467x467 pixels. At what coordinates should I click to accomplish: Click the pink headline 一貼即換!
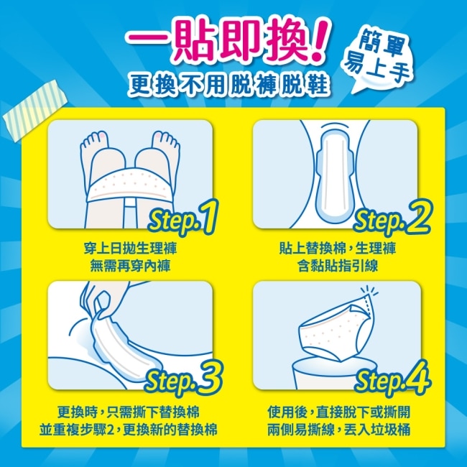(x=228, y=41)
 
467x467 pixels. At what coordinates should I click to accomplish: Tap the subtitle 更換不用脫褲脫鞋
(x=229, y=83)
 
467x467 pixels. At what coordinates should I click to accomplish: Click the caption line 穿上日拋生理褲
(x=130, y=249)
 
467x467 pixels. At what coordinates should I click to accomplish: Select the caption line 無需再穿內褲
(x=130, y=266)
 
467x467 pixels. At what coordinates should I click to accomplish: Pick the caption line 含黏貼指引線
(x=338, y=266)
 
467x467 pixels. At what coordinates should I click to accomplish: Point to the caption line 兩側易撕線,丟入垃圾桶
(x=338, y=430)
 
